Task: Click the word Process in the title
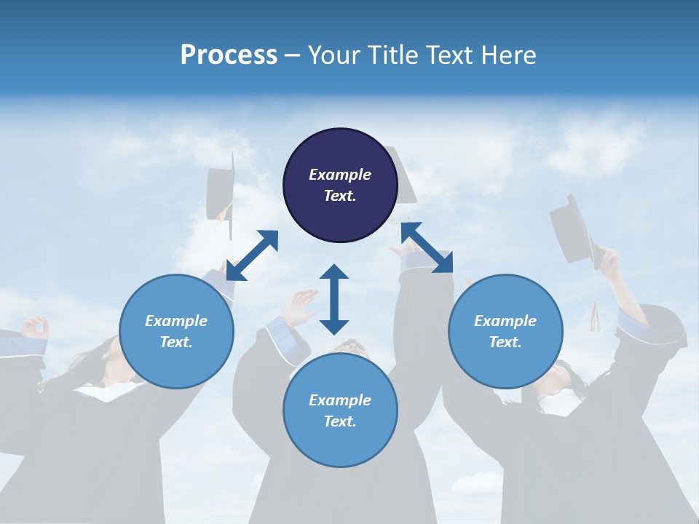[229, 55]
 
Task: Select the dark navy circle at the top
[340, 185]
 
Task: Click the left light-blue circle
[176, 331]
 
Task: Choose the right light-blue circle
[505, 331]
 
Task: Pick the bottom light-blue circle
[340, 410]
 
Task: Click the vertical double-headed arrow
[334, 299]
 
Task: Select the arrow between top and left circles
[252, 255]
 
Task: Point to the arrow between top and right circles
[427, 247]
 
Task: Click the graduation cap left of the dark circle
[221, 195]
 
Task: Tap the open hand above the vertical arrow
[300, 306]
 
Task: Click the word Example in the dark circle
[340, 175]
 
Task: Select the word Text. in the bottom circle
[340, 421]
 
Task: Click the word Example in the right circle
[505, 321]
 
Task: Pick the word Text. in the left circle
[176, 342]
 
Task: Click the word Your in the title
[333, 55]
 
